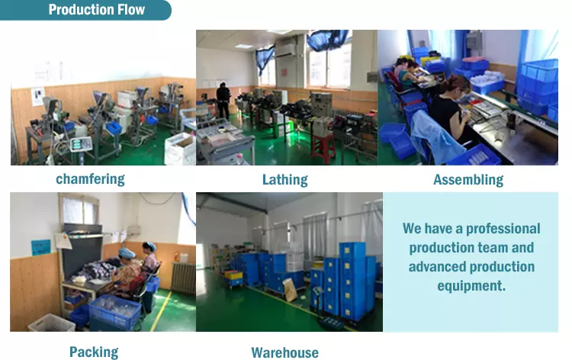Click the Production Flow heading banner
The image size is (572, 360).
pos(85,10)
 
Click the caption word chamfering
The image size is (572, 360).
pos(90,179)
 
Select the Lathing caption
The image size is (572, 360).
pos(285,180)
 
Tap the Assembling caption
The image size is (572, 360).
pos(468,180)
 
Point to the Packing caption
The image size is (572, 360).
pos(94,352)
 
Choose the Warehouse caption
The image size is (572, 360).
pos(284,352)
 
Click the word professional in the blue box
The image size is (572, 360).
pos(503,229)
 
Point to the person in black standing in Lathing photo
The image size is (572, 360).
pos(223,100)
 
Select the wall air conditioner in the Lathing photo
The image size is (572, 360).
pos(285,47)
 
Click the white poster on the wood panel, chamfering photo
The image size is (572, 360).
pos(37,96)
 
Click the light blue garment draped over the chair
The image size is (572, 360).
pos(434,137)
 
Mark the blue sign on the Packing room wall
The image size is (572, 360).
pos(41,247)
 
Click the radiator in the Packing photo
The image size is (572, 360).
pos(184,278)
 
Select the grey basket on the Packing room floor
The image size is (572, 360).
pos(52,323)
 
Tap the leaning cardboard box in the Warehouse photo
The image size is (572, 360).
pos(290,290)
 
